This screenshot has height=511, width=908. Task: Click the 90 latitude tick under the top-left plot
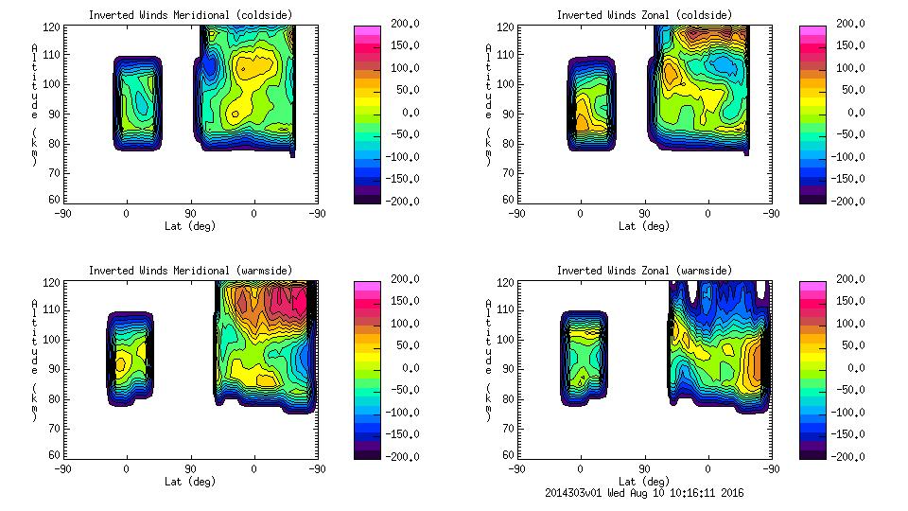190,214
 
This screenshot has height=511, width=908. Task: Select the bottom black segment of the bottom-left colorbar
366,452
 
